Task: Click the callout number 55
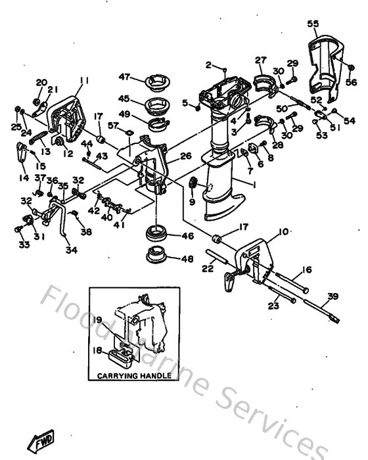313,24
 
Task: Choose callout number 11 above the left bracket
83,81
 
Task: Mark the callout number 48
187,259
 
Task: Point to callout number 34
70,250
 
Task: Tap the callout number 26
185,156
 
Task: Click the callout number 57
112,125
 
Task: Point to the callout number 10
283,231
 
